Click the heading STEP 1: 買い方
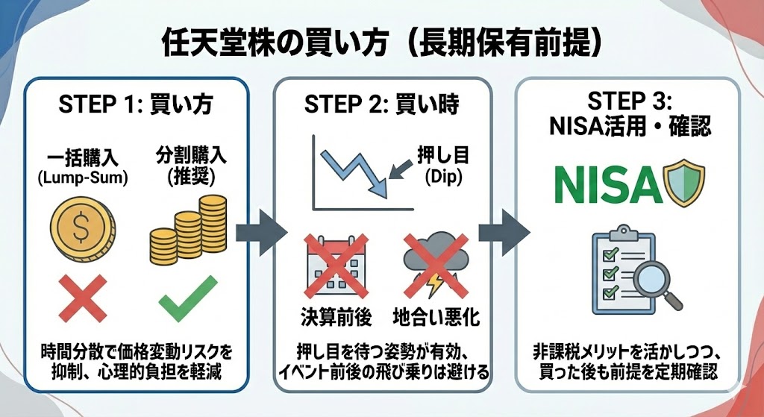[135, 104]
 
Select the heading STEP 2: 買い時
[381, 104]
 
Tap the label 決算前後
[335, 317]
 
